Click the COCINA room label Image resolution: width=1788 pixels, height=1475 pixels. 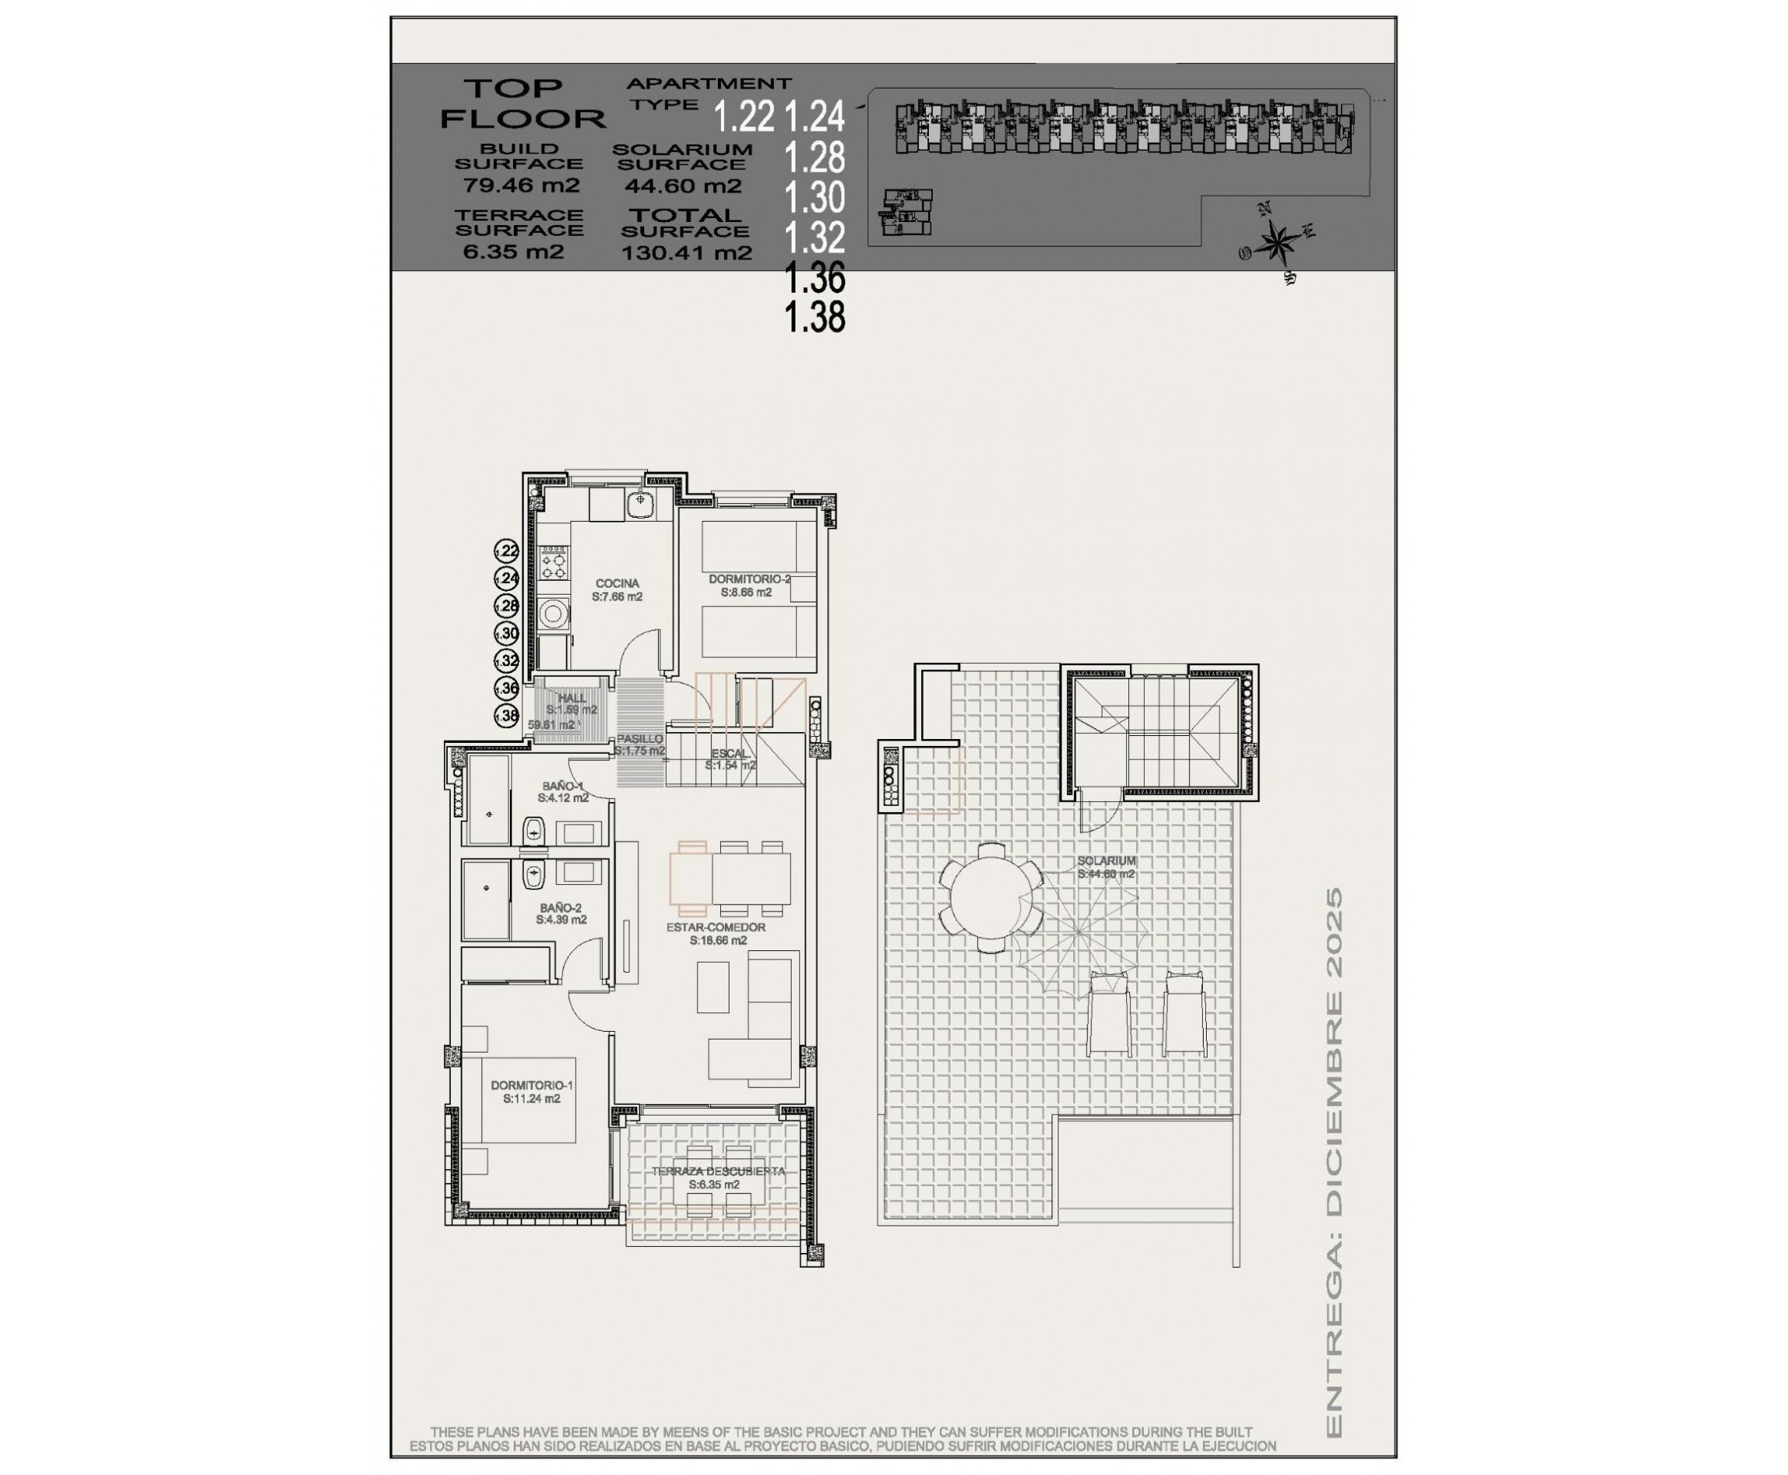point(617,584)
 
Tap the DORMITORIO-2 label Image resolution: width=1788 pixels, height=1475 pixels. point(749,579)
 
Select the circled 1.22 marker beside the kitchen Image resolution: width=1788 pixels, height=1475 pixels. point(506,551)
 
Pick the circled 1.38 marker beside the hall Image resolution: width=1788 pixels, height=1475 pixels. point(506,717)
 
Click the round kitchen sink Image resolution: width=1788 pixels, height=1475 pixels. point(639,505)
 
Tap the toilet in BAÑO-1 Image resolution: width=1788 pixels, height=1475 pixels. point(533,829)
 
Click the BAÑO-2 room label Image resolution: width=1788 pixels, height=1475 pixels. point(560,908)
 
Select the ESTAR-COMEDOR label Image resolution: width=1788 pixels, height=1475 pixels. point(716,927)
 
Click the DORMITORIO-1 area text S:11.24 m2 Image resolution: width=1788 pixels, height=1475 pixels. point(531,1098)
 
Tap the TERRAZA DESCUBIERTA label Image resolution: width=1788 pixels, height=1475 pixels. point(718,1171)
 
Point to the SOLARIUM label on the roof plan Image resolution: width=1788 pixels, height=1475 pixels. point(1106,861)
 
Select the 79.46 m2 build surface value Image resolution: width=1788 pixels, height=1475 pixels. point(521,186)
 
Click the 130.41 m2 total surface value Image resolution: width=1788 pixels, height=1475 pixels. point(686,252)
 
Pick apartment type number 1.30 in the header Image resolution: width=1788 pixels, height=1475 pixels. point(814,198)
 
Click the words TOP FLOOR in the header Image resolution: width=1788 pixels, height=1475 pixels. point(521,102)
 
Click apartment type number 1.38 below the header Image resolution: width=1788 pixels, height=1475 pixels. point(814,318)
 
